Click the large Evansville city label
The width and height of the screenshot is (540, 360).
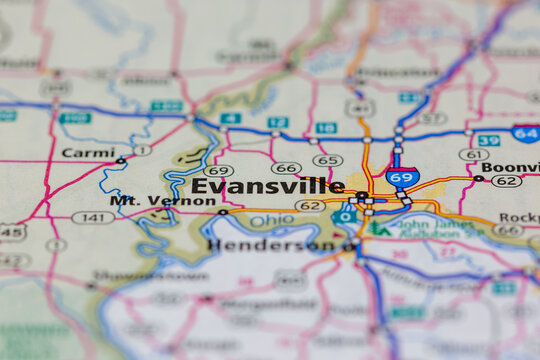267,186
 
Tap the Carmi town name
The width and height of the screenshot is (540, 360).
88,153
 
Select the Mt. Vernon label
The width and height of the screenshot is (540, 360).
162,200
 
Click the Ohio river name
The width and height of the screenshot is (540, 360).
272,220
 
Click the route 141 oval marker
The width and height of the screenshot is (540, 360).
93,217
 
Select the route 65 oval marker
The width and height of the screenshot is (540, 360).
327,160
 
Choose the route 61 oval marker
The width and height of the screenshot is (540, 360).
474,155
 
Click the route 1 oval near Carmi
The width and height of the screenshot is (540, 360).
142,150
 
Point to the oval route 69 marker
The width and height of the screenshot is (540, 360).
218,171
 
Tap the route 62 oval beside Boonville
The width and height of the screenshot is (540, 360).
506,181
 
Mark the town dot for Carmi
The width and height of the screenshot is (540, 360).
120,160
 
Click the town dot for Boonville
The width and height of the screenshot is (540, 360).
478,179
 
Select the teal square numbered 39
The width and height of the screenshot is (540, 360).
488,141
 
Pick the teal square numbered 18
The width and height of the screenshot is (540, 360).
326,128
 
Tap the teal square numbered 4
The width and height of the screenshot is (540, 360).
231,118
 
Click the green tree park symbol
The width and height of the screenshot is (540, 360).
379,228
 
